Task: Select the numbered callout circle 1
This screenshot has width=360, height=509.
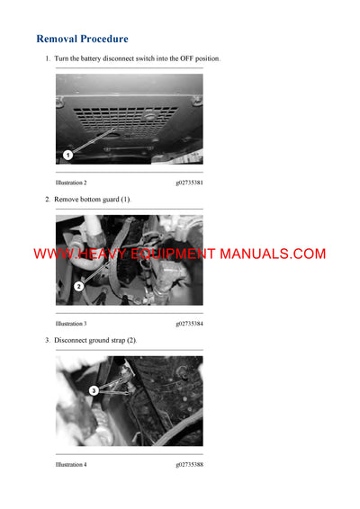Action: pyautogui.click(x=67, y=155)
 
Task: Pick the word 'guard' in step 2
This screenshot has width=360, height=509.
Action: pyautogui.click(x=110, y=199)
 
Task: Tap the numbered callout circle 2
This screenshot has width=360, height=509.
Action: pyautogui.click(x=78, y=287)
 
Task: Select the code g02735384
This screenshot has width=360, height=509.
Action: pyautogui.click(x=189, y=323)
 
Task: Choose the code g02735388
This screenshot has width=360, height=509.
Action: pyautogui.click(x=189, y=464)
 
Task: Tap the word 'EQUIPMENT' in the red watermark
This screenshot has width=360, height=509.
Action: pyautogui.click(x=172, y=254)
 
